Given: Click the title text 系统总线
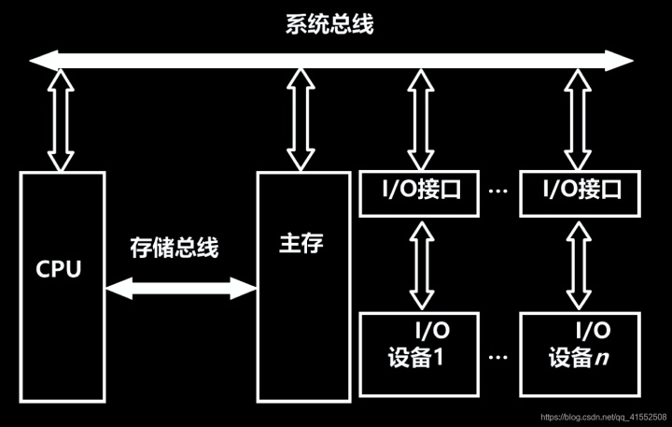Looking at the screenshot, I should pos(329,24).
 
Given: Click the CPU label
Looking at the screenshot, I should pos(59,270).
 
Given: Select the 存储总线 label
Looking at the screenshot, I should pos(174,249).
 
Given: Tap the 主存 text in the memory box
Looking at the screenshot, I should pos(301,245).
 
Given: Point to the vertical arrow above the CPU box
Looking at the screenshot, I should pos(61,121).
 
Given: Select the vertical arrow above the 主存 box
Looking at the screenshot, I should pos(301,121).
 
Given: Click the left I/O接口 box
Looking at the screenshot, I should pos(418,191).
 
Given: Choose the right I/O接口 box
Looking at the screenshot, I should pos(581,191).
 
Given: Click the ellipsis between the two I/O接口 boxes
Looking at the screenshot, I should pos(498,192).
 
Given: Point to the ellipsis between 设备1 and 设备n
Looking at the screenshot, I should pos(498,358).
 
